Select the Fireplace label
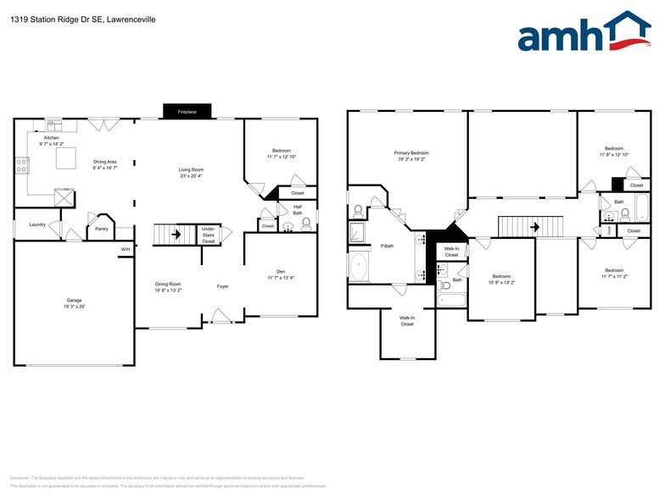tap(186, 112)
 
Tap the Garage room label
tap(75, 301)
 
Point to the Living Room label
tap(191, 169)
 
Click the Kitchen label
tap(52, 137)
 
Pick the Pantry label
tap(101, 229)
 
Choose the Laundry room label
tap(36, 224)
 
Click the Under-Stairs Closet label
tap(208, 235)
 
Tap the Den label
tap(280, 271)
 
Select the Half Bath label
tap(298, 207)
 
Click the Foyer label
tap(222, 286)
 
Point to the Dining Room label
tap(167, 284)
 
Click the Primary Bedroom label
tap(411, 152)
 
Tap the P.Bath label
tap(386, 246)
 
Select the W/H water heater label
tap(125, 249)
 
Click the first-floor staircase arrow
tap(176, 235)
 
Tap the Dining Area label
tap(105, 162)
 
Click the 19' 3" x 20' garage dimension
tap(75, 307)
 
